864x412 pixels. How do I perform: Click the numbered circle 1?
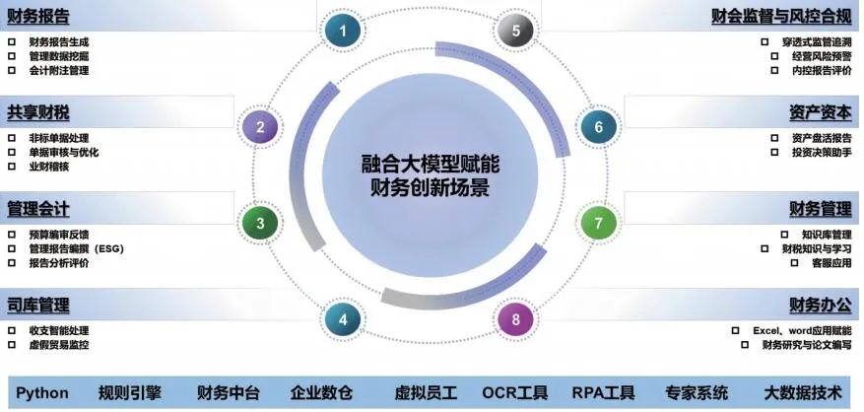point(343,31)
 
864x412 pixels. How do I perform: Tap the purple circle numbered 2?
point(260,127)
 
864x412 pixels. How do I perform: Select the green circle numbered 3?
point(260,223)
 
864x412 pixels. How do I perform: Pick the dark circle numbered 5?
point(514,31)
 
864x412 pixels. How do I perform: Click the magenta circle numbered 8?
point(515,318)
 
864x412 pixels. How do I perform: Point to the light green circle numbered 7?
point(597,223)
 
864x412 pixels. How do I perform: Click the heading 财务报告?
point(37,16)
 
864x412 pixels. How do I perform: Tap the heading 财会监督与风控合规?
point(781,16)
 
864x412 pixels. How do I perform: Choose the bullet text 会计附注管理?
point(59,71)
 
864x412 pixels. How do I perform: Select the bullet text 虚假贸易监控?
point(59,345)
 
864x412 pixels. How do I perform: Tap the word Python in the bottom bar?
point(42,392)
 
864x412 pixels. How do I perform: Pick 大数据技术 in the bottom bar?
point(803,392)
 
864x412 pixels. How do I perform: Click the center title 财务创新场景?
point(430,187)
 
